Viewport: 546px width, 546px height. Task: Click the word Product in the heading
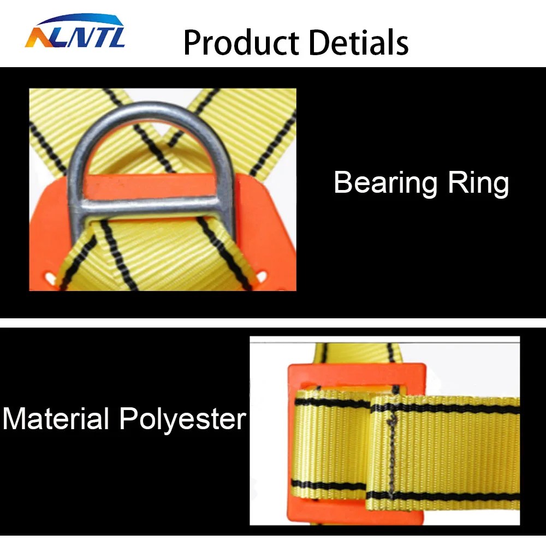point(241,43)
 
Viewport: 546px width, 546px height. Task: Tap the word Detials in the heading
point(359,42)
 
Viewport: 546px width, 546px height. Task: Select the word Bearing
point(385,183)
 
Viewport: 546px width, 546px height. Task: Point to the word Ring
point(478,183)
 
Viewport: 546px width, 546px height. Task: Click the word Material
point(55,419)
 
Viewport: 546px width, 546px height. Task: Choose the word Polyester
point(183,419)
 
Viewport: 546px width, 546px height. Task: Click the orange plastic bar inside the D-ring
point(150,187)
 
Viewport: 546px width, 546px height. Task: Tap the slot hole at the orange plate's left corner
point(50,277)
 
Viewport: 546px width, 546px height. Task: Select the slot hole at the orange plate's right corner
point(262,277)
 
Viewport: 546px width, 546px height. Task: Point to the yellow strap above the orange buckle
point(357,353)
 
